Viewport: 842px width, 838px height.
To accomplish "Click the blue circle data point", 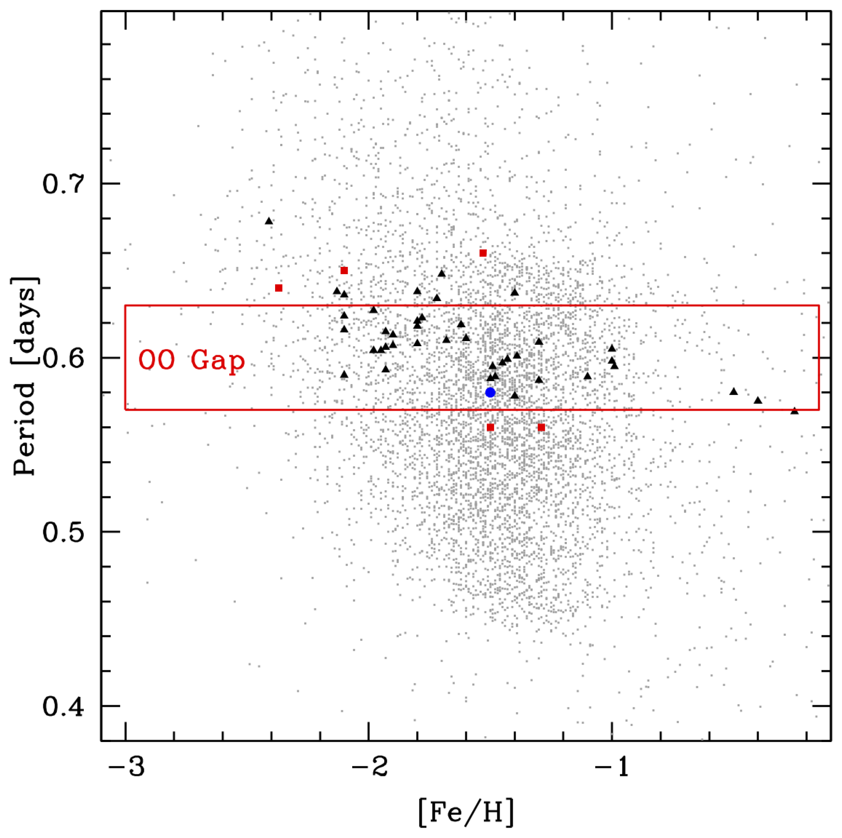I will point(490,392).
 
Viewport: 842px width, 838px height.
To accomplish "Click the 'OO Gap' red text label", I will point(192,361).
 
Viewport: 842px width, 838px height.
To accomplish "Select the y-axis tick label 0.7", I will point(63,184).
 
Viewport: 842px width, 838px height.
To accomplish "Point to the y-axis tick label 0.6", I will point(63,357).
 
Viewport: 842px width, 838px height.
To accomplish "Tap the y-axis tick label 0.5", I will point(63,532).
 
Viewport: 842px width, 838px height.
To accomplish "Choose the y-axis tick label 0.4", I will point(63,706).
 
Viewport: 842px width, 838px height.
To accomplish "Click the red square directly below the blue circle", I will point(490,427).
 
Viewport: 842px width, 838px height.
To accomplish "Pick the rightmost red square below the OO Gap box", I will point(541,427).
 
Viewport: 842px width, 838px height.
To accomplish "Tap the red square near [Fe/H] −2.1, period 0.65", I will point(344,271).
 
